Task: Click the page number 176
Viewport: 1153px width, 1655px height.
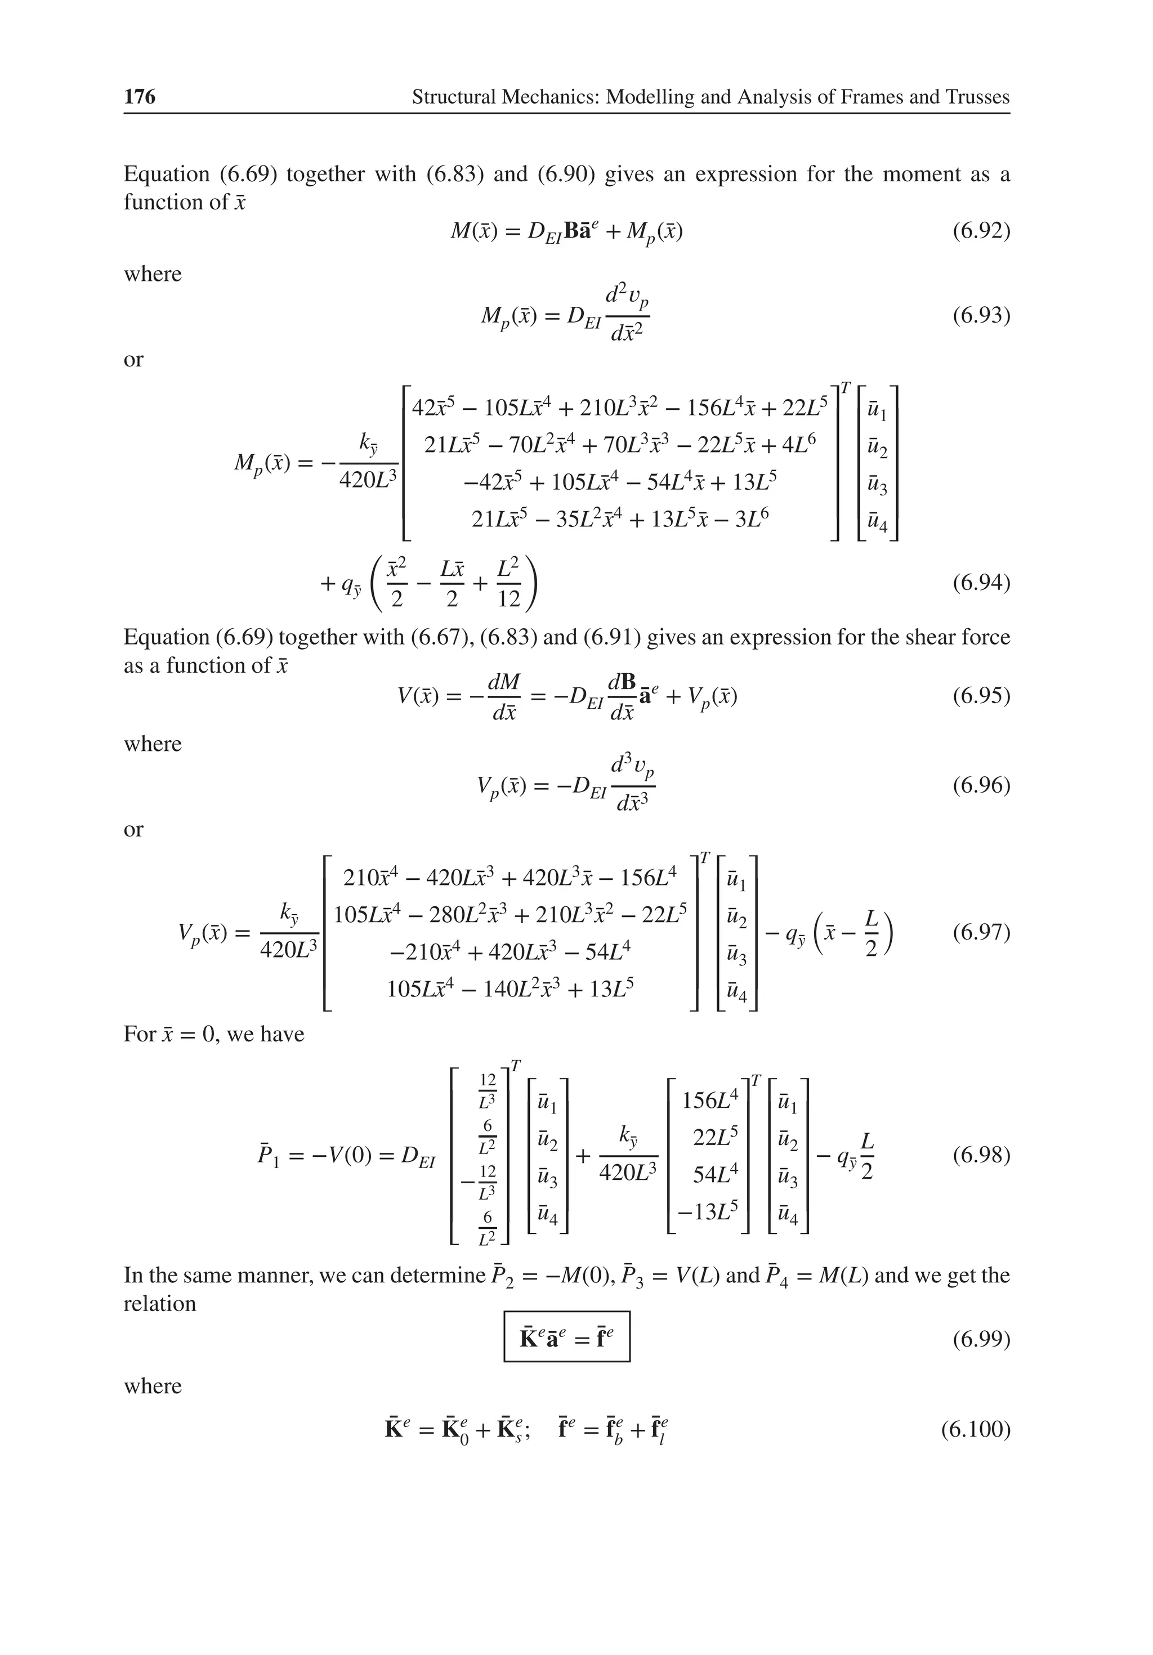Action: [x=139, y=97]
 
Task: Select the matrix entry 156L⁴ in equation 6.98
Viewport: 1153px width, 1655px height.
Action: [x=709, y=1100]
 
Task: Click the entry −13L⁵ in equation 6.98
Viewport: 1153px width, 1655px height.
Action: [x=708, y=1211]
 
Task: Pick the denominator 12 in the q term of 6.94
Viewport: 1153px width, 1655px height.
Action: [x=509, y=599]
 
